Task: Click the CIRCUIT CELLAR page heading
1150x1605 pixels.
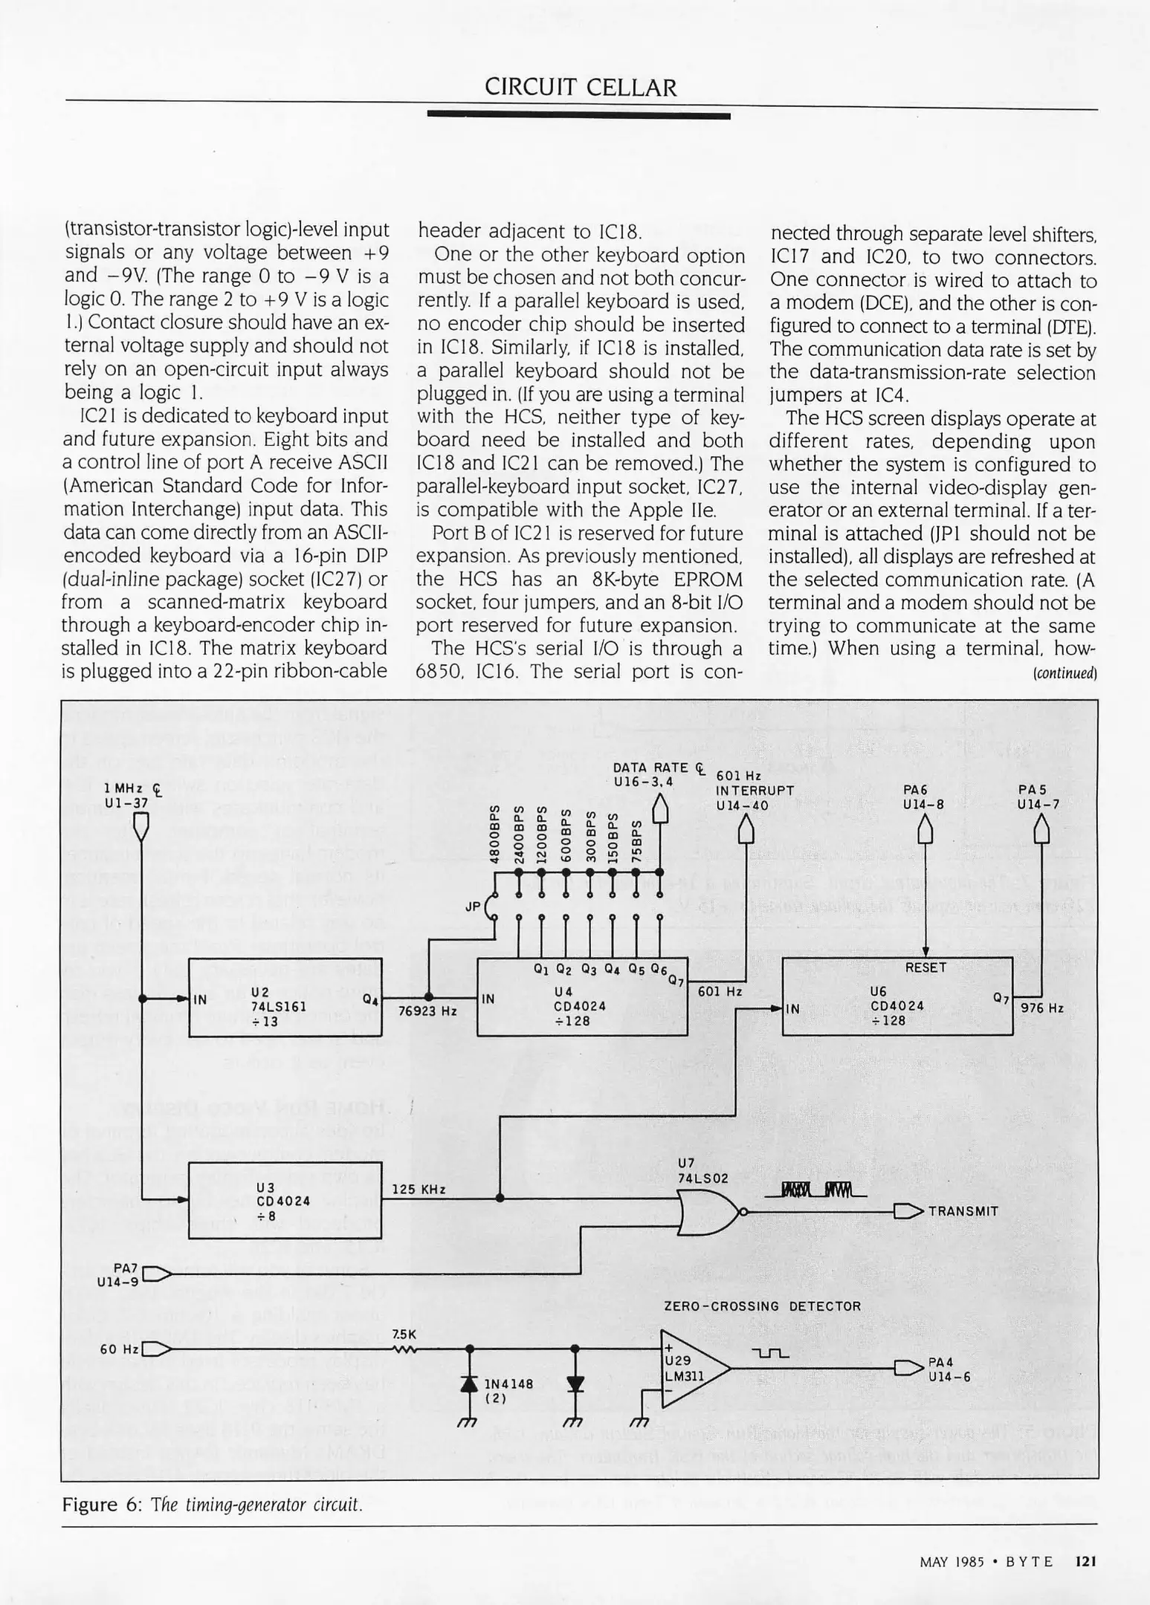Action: tap(581, 88)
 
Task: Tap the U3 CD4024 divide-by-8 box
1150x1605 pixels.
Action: tap(285, 1201)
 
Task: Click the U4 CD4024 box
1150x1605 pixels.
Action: tap(581, 997)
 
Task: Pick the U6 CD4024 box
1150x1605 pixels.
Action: tap(897, 996)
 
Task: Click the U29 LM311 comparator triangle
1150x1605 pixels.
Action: tap(693, 1367)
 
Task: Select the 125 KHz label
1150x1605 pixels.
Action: tap(419, 1190)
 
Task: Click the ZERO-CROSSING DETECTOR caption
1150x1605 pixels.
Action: tap(762, 1306)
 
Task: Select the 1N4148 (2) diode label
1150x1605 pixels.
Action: tap(508, 1390)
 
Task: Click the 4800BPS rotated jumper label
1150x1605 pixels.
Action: tap(493, 833)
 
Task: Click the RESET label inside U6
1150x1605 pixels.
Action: tap(925, 967)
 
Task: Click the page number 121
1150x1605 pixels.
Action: tap(1086, 1561)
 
